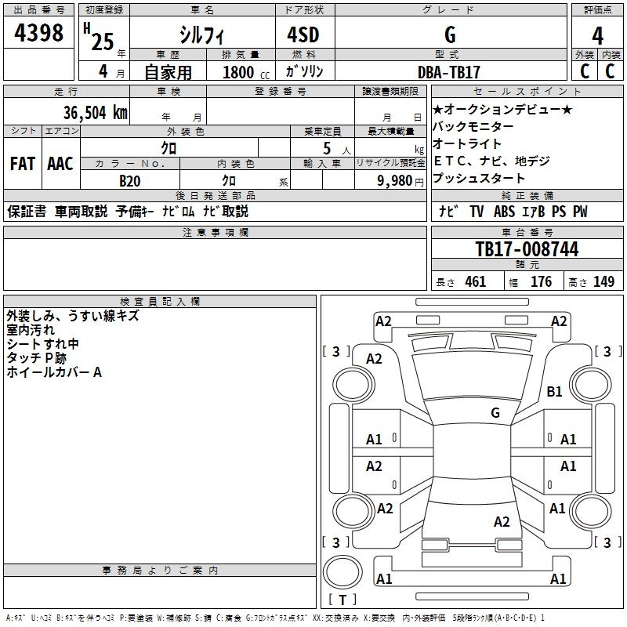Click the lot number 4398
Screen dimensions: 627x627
coord(39,33)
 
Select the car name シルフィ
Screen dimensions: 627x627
coord(202,35)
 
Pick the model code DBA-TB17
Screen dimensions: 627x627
coord(449,72)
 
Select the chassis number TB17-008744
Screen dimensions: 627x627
coord(527,249)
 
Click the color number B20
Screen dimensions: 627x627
coord(129,180)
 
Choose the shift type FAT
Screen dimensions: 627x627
coord(23,164)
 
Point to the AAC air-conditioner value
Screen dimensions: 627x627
coord(60,164)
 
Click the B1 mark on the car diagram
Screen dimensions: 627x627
coord(555,391)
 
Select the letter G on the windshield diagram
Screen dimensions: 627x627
coord(495,413)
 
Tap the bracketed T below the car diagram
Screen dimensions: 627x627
coord(342,600)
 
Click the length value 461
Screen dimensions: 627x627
coord(475,282)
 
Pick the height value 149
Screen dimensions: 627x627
coord(603,282)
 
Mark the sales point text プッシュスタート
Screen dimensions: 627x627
coord(479,178)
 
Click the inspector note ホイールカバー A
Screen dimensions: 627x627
coord(54,372)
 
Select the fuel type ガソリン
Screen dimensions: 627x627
coord(305,72)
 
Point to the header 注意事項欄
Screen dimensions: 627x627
coord(216,233)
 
